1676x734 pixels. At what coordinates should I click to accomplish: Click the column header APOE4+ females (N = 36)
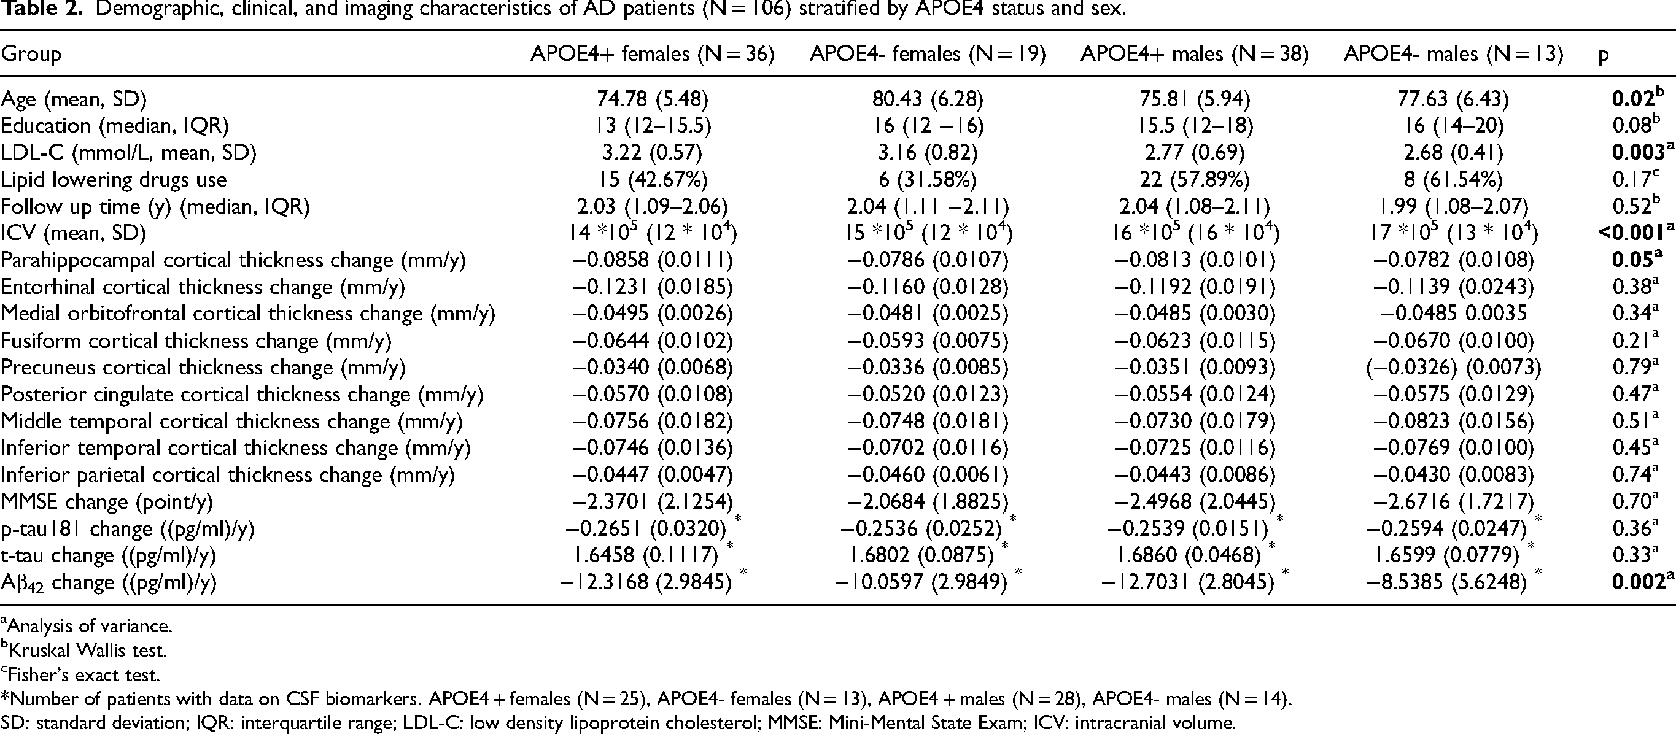click(653, 54)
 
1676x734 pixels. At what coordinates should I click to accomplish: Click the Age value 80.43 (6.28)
click(928, 99)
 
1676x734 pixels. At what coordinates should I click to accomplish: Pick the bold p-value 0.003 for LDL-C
click(1637, 152)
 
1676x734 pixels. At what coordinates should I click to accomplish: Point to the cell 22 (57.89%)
click(1194, 179)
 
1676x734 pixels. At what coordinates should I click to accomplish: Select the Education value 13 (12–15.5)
click(653, 125)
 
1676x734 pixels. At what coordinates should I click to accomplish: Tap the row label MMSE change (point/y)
click(107, 502)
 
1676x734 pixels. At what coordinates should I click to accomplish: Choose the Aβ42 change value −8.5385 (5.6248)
click(1453, 582)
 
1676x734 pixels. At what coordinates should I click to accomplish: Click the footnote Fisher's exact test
click(80, 674)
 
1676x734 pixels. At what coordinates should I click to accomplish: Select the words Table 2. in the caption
click(36, 9)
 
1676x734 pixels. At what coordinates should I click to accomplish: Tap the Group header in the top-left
click(31, 54)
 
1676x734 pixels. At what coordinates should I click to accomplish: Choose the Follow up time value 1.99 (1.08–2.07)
click(1453, 206)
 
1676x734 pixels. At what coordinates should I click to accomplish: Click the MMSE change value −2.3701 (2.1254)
click(653, 502)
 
